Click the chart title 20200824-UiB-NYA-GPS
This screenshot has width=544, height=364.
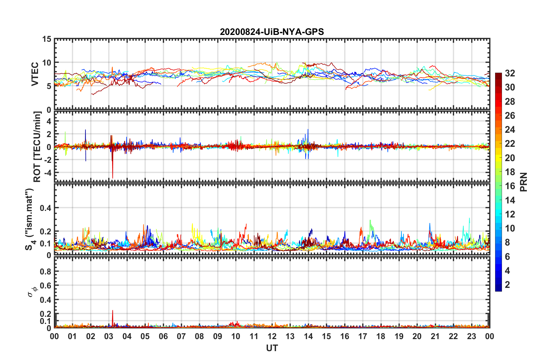coord(272,32)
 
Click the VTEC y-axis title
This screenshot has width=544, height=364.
coord(35,74)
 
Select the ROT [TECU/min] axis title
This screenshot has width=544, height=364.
coord(37,147)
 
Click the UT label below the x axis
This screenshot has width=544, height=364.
coord(272,348)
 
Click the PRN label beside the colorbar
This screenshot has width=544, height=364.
coord(523,182)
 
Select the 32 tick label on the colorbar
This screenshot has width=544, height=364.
coord(510,73)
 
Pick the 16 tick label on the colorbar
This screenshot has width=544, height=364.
coord(510,186)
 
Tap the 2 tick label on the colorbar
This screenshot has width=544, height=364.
coord(507,284)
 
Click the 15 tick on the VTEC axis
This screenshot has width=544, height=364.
coord(47,39)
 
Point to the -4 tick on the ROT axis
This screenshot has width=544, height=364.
coord(47,173)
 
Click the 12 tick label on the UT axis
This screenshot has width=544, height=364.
coord(272,337)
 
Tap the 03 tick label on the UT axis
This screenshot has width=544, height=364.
coord(109,337)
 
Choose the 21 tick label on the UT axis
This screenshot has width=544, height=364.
coord(435,337)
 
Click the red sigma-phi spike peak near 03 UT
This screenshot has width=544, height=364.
coord(112,310)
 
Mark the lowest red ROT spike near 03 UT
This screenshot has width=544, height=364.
coord(113,178)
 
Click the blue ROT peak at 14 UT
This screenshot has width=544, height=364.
coord(308,129)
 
